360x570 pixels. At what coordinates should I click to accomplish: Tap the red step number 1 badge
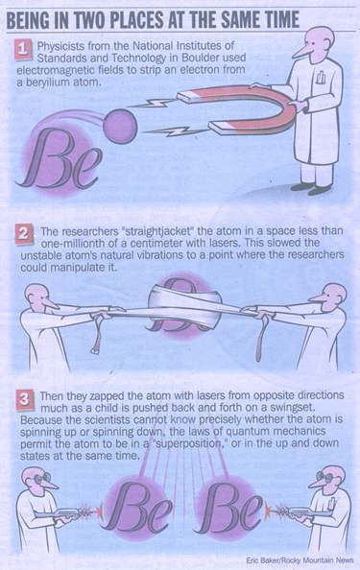pos(23,50)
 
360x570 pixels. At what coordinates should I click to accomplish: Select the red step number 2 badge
pos(24,234)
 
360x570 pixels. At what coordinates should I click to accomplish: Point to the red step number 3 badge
pos(25,400)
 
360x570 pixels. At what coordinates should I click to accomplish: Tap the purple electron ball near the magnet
pos(120,126)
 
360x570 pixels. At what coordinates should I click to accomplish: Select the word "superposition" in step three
pos(189,443)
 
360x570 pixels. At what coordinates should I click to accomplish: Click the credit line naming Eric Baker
pos(300,560)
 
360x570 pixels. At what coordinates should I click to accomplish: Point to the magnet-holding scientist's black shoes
pos(311,188)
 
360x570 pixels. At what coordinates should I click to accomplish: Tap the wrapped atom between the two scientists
pos(183,306)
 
